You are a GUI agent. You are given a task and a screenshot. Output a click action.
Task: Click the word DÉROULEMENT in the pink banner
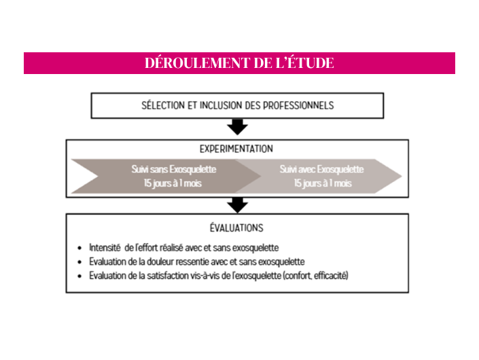[x=197, y=63]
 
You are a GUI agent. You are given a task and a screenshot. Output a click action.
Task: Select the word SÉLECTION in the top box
[x=163, y=105]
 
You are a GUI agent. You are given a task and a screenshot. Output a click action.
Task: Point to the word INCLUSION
[x=221, y=105]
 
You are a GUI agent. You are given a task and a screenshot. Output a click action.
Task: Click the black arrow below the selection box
[x=237, y=127]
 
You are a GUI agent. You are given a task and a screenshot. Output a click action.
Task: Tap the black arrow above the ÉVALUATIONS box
[x=237, y=205]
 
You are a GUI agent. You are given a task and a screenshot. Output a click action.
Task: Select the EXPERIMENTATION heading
[x=236, y=149]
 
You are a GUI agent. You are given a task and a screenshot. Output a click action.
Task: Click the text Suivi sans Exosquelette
[x=174, y=169]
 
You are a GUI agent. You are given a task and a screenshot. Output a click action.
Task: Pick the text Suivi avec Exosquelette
[x=321, y=169]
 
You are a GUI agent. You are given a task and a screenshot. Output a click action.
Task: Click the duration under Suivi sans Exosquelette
[x=173, y=183]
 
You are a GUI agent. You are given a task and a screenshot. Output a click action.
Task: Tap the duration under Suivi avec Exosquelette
[x=323, y=183]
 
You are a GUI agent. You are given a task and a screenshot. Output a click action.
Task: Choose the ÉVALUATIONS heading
[x=236, y=228]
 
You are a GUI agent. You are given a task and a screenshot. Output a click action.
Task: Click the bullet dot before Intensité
[x=79, y=248]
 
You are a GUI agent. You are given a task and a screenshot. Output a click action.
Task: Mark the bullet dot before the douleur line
[x=79, y=262]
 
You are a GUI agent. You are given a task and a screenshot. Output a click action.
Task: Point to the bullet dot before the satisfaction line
[x=79, y=276]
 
